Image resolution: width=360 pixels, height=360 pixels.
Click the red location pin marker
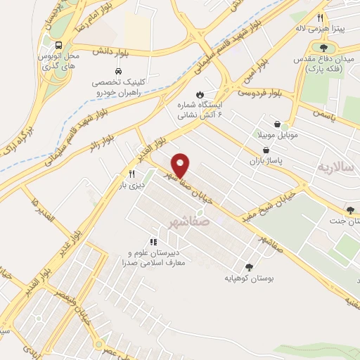181,165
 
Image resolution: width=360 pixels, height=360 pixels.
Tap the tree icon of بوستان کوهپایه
248,266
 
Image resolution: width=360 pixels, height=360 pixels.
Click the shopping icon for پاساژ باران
266,149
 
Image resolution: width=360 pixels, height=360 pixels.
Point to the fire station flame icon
200,93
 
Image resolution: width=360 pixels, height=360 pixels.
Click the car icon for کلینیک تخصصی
118,72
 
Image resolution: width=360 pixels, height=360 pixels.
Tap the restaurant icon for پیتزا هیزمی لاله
320,18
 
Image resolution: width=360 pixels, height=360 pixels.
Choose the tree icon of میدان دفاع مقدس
323,48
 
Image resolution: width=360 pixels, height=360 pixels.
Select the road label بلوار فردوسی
260,93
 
